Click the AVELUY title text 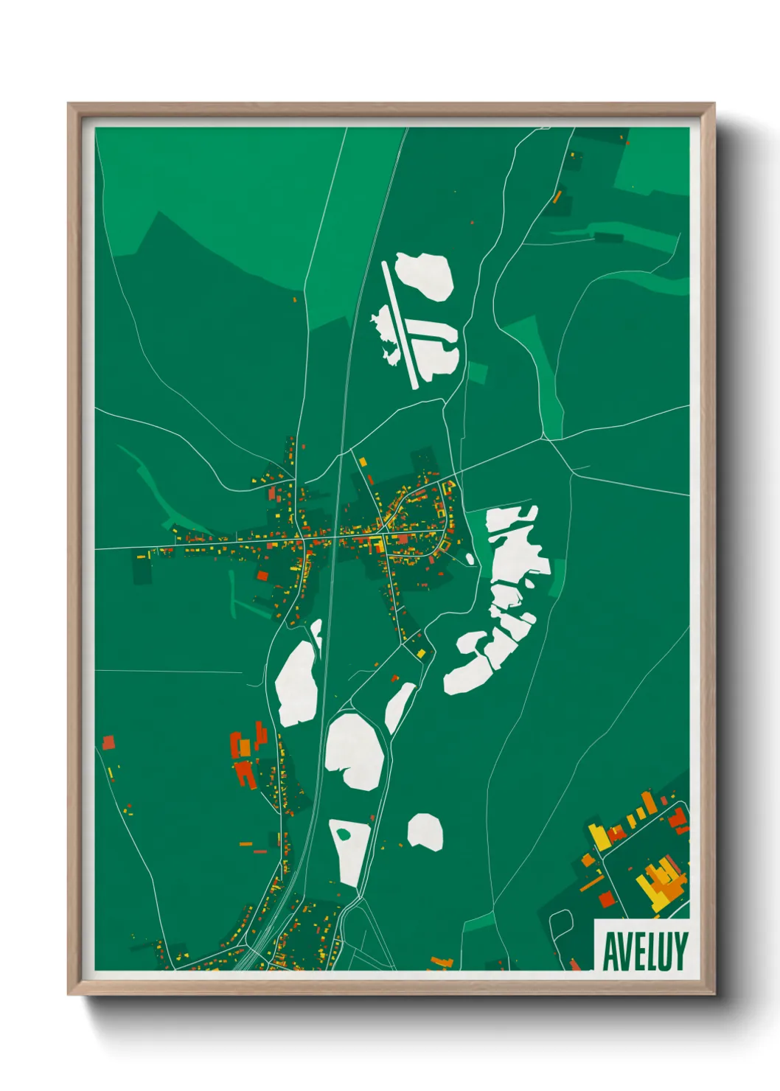click(x=645, y=951)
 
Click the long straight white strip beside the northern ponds click(x=400, y=324)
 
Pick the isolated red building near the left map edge click(x=109, y=742)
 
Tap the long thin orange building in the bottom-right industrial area click(x=591, y=883)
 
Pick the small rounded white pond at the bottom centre click(x=425, y=832)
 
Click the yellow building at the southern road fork click(x=421, y=653)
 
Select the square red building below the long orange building click(x=606, y=899)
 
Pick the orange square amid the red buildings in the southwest click(x=245, y=747)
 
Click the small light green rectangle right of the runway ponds click(x=477, y=372)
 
